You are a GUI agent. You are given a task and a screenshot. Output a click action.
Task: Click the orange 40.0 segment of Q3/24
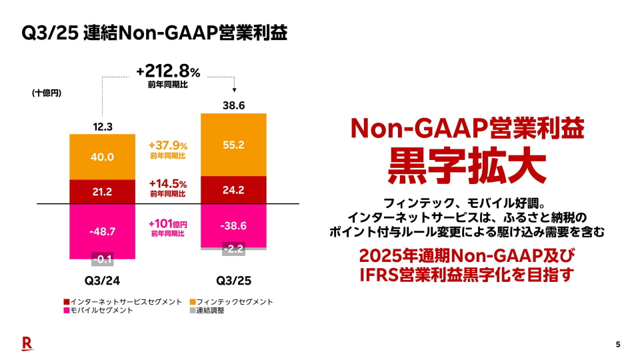tap(102, 157)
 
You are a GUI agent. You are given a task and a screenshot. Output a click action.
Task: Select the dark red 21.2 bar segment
tap(102, 192)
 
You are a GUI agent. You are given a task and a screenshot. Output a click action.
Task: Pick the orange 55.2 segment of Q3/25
tap(233, 145)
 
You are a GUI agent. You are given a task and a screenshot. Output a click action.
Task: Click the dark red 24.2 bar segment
tap(233, 190)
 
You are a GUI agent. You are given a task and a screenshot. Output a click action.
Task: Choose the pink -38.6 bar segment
tap(233, 225)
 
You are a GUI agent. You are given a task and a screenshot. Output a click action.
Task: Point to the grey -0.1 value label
tap(102, 260)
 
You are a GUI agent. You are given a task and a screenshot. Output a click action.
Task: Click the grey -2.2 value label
tap(233, 249)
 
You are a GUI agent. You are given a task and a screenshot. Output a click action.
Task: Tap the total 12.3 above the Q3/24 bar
tap(102, 126)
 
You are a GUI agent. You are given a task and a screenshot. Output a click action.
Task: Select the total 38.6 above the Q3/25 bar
tap(233, 105)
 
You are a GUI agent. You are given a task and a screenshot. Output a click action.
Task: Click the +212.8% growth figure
tap(167, 71)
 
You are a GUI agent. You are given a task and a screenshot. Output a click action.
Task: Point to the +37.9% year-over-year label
tap(167, 145)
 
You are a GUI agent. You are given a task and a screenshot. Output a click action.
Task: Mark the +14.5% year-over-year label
tap(167, 183)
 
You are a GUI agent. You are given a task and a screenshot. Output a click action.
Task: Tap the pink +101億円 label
tap(167, 224)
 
